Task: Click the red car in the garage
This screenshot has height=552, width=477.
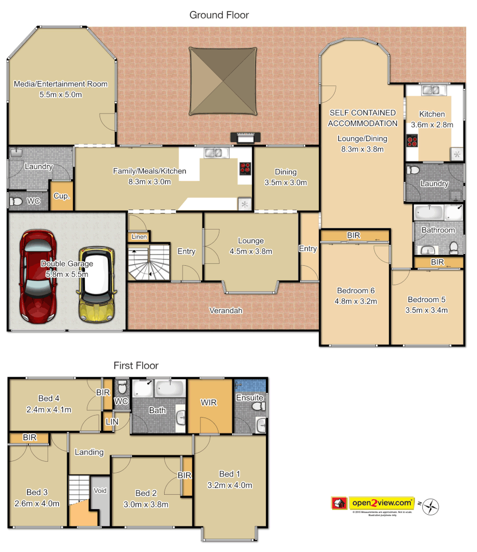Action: point(38,279)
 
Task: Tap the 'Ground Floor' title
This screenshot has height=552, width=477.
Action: point(219,15)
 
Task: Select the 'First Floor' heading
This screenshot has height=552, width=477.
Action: point(135,365)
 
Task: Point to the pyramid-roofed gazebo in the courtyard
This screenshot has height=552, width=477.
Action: point(222,82)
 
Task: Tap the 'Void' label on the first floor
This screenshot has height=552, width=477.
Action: point(100,491)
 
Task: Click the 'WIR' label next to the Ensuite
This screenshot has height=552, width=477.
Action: point(209,403)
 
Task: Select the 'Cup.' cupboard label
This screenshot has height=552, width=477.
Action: point(61,196)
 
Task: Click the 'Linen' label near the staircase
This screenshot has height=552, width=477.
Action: point(139,237)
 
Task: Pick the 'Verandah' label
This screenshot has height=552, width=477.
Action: point(225,310)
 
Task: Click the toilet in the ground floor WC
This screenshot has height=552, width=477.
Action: point(17,202)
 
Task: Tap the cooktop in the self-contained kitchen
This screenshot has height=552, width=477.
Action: point(412,141)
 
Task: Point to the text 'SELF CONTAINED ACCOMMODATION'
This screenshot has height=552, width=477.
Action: point(362,118)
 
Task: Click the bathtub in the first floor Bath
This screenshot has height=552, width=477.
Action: point(169,388)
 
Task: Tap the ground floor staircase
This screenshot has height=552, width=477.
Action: point(148,262)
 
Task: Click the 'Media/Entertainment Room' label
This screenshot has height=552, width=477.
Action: point(61,84)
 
